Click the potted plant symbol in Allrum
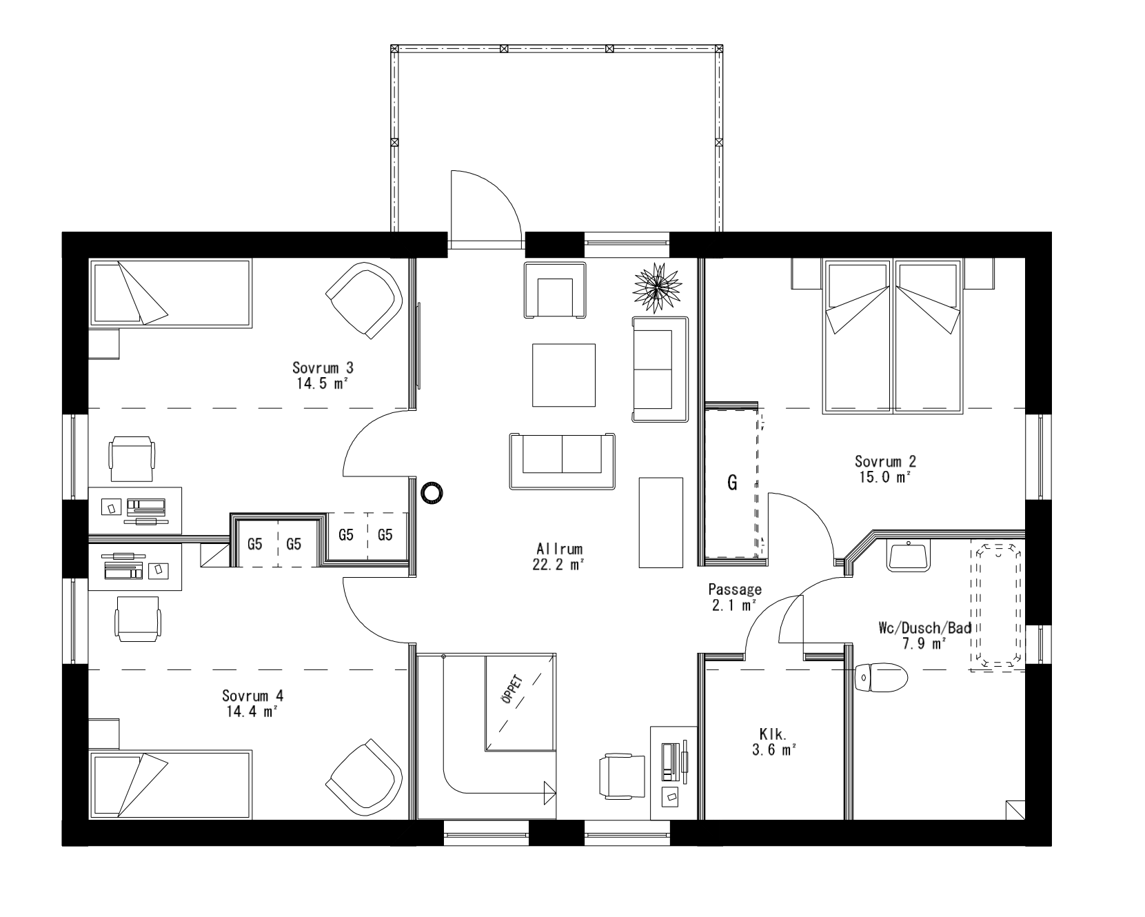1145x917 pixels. pyautogui.click(x=657, y=285)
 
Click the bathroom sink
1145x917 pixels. pyautogui.click(x=909, y=556)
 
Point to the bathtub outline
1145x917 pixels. pyautogui.click(x=995, y=605)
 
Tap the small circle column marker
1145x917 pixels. pyautogui.click(x=432, y=492)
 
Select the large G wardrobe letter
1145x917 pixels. pyautogui.click(x=732, y=483)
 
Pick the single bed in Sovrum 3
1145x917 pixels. pyautogui.click(x=171, y=292)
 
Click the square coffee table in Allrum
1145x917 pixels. pyautogui.click(x=563, y=376)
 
